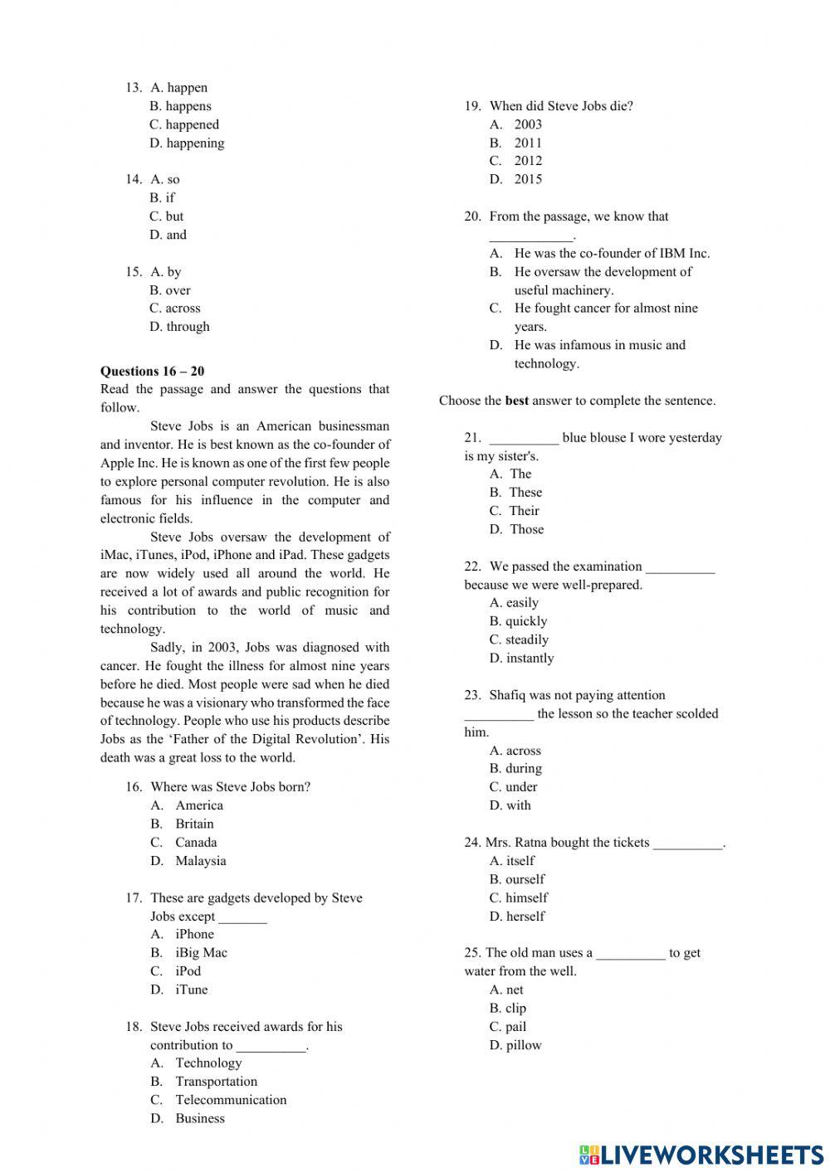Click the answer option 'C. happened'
(x=184, y=124)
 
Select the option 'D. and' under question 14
(x=168, y=235)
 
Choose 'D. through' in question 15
(x=179, y=327)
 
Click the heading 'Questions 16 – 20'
(x=152, y=371)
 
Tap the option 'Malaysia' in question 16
(x=200, y=861)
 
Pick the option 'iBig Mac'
(x=201, y=953)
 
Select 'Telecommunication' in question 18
(x=231, y=1100)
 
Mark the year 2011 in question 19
(x=527, y=143)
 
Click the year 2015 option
(x=527, y=179)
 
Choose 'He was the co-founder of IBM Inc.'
(x=612, y=254)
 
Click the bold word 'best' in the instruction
(x=516, y=401)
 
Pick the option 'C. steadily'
(x=519, y=639)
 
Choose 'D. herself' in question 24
(x=517, y=917)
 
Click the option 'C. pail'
(x=508, y=1027)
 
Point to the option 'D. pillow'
(x=515, y=1045)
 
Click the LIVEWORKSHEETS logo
(x=701, y=1154)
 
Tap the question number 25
(x=472, y=953)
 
